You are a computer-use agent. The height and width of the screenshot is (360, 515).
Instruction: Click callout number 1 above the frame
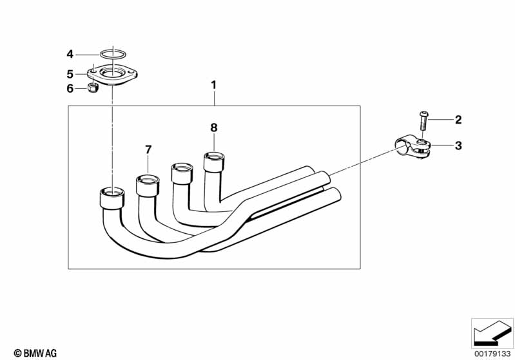pos(214,85)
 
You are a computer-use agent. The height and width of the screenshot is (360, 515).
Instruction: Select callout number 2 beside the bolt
pos(458,120)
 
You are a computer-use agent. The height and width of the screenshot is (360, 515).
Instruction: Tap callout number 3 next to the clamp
pos(458,146)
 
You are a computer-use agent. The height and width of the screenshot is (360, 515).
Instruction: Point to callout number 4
pos(71,53)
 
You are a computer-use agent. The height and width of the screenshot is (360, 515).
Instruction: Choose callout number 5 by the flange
pos(71,74)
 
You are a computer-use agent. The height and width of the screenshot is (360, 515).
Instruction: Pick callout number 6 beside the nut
pos(71,89)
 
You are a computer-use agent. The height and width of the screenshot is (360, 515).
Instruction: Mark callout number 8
pos(214,128)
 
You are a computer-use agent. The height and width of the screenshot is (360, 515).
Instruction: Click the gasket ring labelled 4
pos(113,53)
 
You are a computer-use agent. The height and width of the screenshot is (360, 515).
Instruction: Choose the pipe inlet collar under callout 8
pos(215,161)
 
